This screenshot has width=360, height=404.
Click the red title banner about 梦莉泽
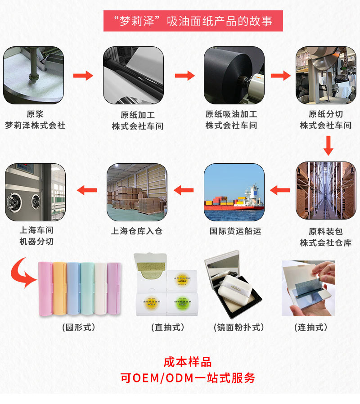click(x=193, y=21)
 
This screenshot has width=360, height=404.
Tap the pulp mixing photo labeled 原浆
click(x=34, y=75)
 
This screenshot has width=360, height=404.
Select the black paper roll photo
click(x=234, y=75)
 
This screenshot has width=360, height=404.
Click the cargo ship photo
click(x=234, y=192)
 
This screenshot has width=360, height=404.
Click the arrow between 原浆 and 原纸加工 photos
click(x=83, y=75)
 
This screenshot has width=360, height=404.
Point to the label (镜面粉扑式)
click(x=238, y=327)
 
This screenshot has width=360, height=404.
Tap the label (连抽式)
click(x=310, y=327)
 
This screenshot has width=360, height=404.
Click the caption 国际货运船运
click(x=235, y=231)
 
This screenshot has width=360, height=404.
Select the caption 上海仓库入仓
click(x=137, y=231)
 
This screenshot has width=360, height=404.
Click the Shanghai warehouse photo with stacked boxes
click(x=137, y=192)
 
